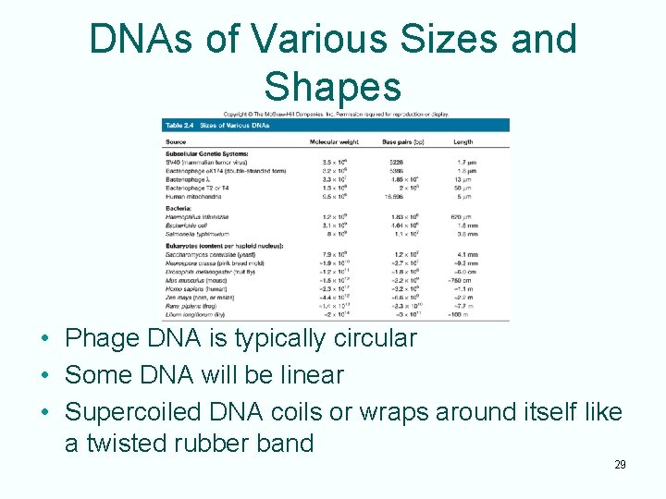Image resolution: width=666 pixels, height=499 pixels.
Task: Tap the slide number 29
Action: pyautogui.click(x=620, y=464)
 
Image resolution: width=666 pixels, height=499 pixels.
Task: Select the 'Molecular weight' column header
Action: pyautogui.click(x=336, y=141)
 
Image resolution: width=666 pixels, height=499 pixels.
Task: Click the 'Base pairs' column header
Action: pyautogui.click(x=402, y=141)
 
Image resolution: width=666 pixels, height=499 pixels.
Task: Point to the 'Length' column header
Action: pyautogui.click(x=463, y=141)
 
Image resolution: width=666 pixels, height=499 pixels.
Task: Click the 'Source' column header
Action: pyautogui.click(x=176, y=141)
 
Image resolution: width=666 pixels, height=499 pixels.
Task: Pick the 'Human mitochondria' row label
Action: pyautogui.click(x=196, y=197)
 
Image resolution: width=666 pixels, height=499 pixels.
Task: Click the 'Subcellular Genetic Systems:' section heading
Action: pyautogui.click(x=204, y=152)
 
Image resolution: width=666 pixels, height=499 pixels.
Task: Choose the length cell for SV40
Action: pyautogui.click(x=466, y=162)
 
